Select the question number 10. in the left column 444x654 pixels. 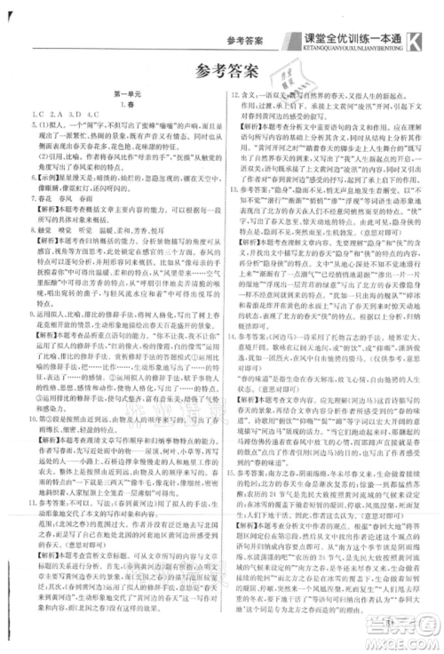(x=34, y=391)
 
